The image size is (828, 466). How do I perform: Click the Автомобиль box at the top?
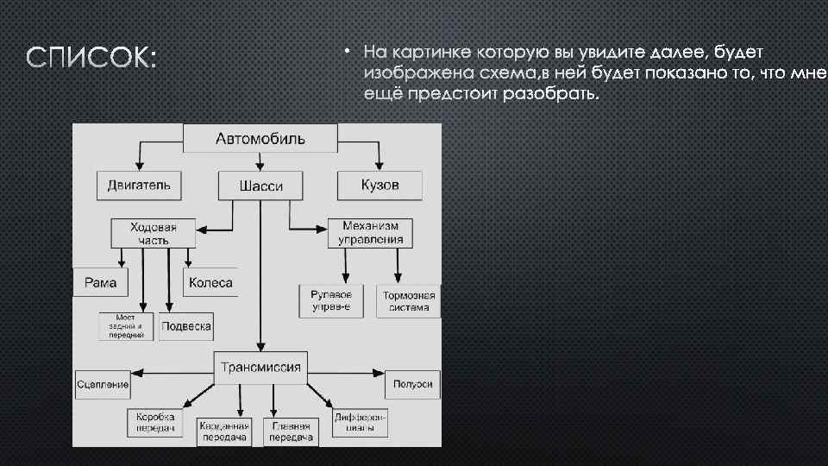click(x=260, y=138)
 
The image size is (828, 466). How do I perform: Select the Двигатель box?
click(x=139, y=185)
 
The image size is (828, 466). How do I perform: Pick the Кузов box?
click(x=379, y=185)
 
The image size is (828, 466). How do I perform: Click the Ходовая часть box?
click(x=154, y=233)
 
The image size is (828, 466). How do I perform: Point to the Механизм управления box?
click(x=370, y=232)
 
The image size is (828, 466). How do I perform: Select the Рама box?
click(x=100, y=282)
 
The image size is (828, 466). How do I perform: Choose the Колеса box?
click(x=209, y=282)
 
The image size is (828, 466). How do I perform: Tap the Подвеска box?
click(x=186, y=326)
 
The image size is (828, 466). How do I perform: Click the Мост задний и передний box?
click(x=126, y=326)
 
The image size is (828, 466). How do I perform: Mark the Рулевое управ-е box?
click(x=331, y=301)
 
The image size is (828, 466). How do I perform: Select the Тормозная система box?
click(x=408, y=301)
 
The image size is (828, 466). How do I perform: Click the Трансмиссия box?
click(x=260, y=368)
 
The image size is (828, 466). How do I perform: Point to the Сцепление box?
click(x=103, y=383)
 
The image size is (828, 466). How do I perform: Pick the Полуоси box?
click(x=413, y=383)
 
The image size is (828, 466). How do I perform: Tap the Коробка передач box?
click(x=155, y=422)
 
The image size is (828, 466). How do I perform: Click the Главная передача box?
click(x=292, y=431)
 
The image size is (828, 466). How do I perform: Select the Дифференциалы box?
click(x=360, y=422)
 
